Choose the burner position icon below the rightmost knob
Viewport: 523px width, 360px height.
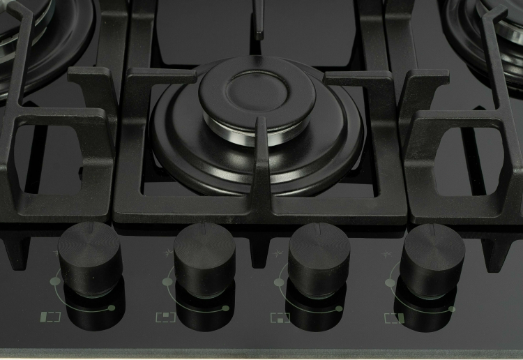[394, 318]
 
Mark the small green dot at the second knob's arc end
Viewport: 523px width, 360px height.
[226, 308]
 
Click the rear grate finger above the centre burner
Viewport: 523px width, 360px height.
[259, 17]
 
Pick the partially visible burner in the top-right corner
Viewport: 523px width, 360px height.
[488, 28]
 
